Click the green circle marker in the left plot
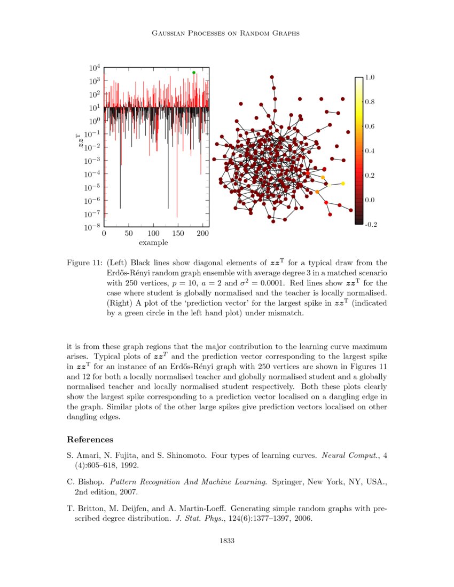(194, 73)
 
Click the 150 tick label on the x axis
(178, 234)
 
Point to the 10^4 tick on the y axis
(95, 68)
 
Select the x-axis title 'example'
(153, 243)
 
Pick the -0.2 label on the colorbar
(370, 225)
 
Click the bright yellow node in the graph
(342, 184)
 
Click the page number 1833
(227, 541)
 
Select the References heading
(90, 440)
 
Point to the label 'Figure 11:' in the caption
(84, 263)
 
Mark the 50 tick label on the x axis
(129, 234)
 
